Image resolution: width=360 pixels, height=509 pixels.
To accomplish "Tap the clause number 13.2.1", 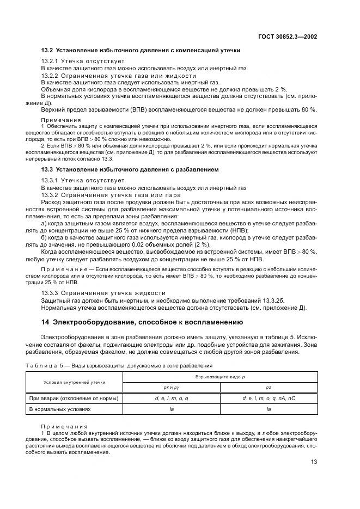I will [x=51, y=61].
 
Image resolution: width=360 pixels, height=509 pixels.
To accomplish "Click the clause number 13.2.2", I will [x=51, y=76].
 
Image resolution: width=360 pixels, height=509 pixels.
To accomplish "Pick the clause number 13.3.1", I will [x=51, y=180].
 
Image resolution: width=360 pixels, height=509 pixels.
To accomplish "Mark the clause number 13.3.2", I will [x=51, y=195].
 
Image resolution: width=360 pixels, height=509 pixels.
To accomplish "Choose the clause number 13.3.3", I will [x=51, y=292].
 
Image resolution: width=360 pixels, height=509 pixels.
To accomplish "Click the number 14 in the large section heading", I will [x=46, y=322].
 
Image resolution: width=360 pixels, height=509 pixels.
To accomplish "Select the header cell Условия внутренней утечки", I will [x=75, y=382].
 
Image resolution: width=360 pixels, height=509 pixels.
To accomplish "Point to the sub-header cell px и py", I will [x=172, y=387].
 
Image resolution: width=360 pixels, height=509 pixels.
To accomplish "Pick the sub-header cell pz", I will [x=269, y=387].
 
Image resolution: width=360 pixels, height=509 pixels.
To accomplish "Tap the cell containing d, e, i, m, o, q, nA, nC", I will [x=269, y=398].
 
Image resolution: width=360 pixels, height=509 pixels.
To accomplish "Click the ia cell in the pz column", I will [x=269, y=409].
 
